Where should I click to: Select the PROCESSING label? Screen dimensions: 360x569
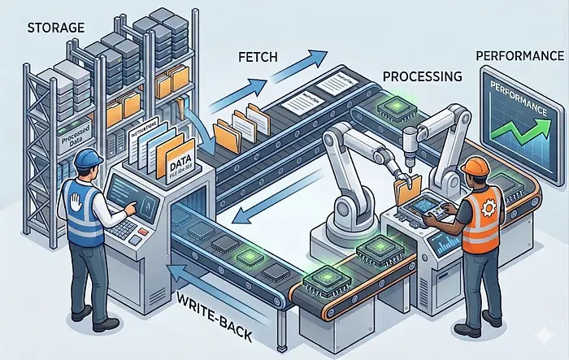[x=422, y=76]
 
